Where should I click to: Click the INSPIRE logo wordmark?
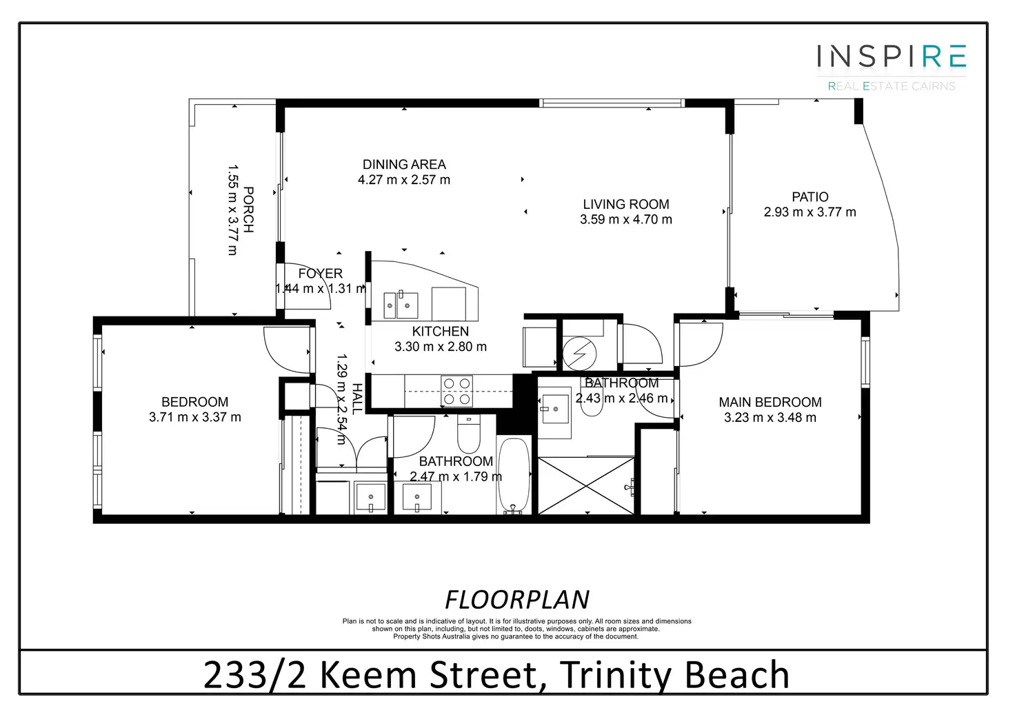pos(892,56)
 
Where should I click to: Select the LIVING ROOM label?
pos(626,204)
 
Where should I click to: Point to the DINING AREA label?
pos(404,164)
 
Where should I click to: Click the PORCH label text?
pos(248,210)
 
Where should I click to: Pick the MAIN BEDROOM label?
pos(770,402)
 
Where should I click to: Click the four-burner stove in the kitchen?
pos(456,391)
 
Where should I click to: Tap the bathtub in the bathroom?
pos(514,475)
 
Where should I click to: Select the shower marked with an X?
pos(586,485)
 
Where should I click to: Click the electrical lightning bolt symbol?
pos(579,353)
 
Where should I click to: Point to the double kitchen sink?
pos(401,305)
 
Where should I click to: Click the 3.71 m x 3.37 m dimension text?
pos(195,417)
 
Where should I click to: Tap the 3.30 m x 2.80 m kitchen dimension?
pos(441,347)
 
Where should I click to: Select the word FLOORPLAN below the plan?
pos(517,600)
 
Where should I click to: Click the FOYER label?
pos(321,274)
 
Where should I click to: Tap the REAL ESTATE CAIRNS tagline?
pos(892,86)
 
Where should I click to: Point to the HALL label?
pos(357,399)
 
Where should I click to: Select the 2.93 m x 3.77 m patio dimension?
pos(810,212)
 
